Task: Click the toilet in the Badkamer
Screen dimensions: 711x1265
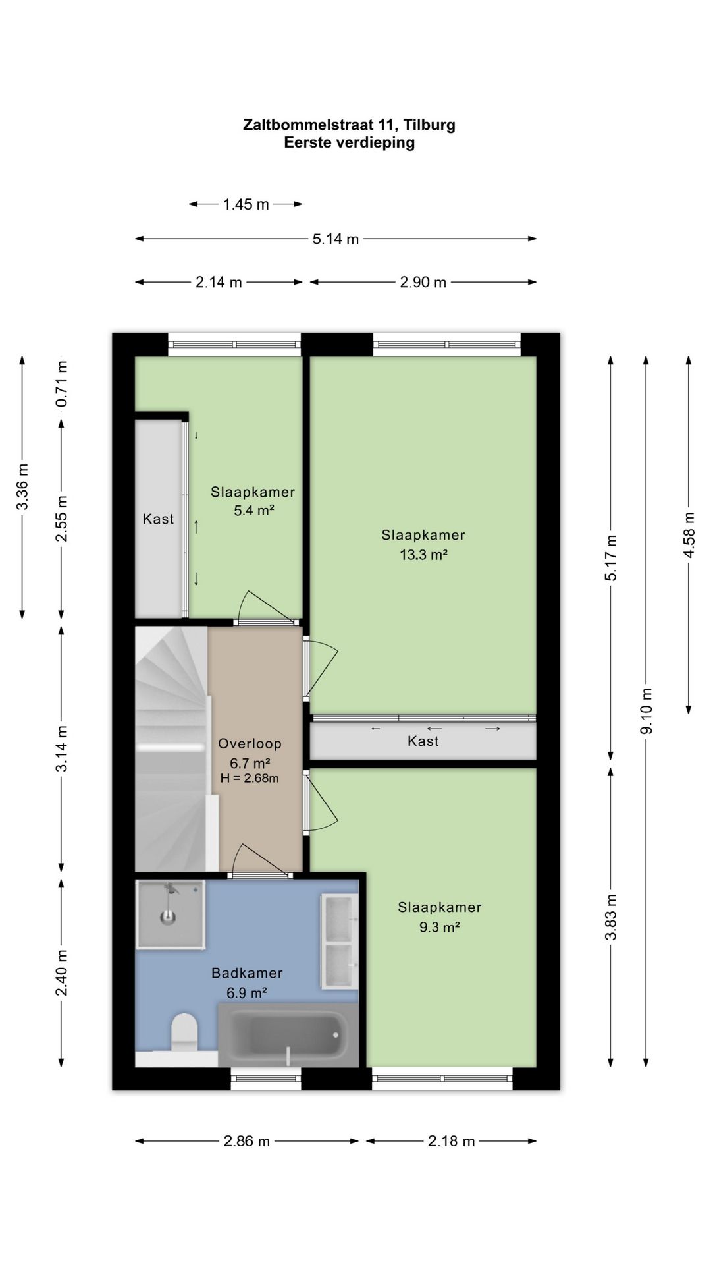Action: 184,1032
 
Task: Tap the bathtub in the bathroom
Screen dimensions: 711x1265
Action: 288,1035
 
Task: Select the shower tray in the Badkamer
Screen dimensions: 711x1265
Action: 171,914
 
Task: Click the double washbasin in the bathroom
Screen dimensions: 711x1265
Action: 340,942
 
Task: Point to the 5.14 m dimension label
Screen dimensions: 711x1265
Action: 336,239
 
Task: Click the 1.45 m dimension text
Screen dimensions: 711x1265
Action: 246,204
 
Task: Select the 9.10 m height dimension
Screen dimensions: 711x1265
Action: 647,711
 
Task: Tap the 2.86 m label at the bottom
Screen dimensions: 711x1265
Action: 247,1141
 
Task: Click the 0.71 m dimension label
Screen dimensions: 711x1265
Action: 61,383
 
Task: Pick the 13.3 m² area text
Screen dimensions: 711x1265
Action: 424,555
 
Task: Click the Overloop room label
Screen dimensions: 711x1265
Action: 250,744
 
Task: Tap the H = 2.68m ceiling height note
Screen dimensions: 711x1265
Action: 250,778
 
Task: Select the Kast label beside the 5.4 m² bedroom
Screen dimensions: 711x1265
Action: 159,519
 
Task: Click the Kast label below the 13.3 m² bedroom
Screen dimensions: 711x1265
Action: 423,741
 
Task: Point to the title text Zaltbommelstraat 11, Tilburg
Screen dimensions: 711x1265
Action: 350,125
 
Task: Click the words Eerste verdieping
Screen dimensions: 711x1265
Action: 350,142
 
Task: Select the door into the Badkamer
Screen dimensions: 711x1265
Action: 261,860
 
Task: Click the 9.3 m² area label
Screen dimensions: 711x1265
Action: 440,927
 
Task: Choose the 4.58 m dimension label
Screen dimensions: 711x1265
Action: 689,534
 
